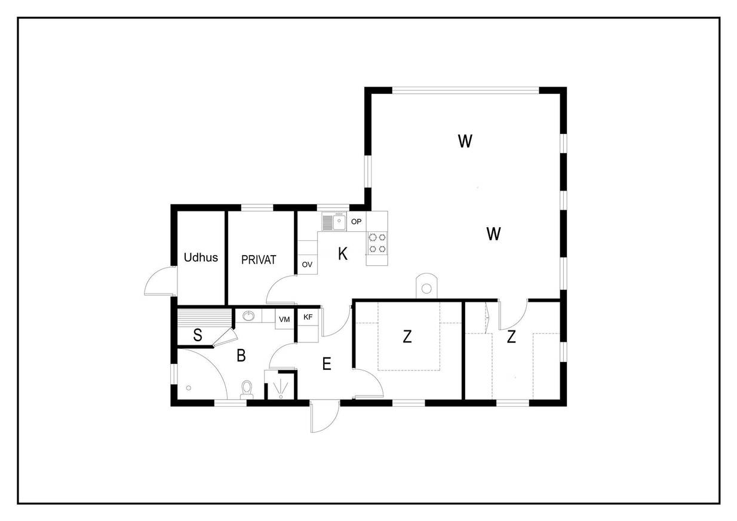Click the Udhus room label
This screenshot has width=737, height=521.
coord(201,258)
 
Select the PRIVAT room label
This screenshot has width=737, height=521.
coord(259,260)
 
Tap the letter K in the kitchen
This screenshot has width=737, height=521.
coord(342,254)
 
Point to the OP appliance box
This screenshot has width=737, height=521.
coord(357,222)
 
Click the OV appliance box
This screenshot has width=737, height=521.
coord(308,264)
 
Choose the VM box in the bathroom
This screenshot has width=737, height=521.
coord(284,319)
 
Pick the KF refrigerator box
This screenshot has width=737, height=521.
coord(308,317)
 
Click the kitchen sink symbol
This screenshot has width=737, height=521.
coord(334,221)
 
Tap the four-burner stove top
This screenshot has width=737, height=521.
coord(377,243)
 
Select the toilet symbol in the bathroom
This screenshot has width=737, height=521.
coord(247,390)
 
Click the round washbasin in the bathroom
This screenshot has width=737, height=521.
coord(248,316)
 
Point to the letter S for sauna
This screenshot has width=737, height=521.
coord(198,335)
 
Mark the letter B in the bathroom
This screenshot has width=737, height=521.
coord(241,355)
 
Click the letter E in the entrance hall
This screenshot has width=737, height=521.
coord(326,364)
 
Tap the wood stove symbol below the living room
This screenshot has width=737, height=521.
coord(427,286)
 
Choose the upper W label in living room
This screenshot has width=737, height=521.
coord(465,141)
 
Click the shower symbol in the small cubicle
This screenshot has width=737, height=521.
coord(281,388)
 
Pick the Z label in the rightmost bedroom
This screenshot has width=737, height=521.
coord(511,337)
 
